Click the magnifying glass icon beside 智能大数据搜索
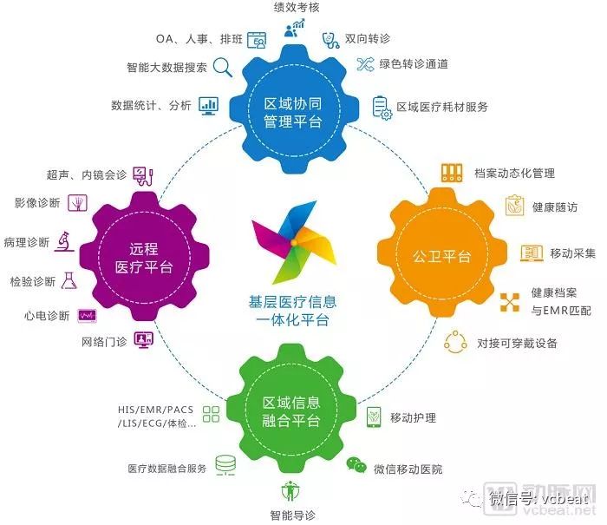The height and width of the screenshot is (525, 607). [x=223, y=68]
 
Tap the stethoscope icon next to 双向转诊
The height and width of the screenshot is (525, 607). [x=330, y=40]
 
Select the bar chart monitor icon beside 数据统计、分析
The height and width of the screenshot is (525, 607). [x=209, y=106]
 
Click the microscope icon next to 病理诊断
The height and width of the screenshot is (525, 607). [x=64, y=241]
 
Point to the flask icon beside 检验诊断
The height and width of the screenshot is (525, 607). [x=69, y=280]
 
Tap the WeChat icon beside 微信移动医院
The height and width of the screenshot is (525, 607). [x=356, y=464]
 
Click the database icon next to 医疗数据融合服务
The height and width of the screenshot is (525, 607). [x=225, y=464]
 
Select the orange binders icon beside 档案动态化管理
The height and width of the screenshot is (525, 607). [x=452, y=173]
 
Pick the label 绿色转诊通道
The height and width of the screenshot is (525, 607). [x=414, y=64]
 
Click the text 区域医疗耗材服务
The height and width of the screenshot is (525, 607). [x=442, y=107]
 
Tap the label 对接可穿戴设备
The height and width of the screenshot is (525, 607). [x=517, y=343]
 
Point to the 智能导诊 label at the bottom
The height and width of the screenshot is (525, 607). [x=292, y=515]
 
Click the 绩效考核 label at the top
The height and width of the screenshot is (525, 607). [x=297, y=7]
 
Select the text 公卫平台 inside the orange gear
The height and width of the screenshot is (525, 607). [x=441, y=256]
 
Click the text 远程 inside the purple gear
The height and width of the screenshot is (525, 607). [x=144, y=249]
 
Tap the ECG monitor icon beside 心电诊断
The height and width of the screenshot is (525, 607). [x=87, y=316]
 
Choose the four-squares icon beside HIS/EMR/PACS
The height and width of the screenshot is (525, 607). [x=211, y=414]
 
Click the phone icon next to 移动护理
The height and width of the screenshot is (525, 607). [x=374, y=417]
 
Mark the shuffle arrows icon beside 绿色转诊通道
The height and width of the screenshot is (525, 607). [x=365, y=64]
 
